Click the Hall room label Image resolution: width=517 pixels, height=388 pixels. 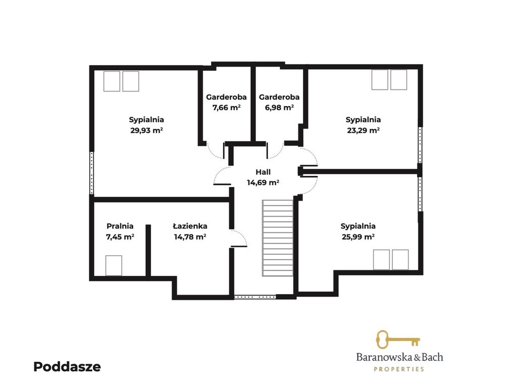click(263, 172)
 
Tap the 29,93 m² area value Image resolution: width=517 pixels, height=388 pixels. click(147, 130)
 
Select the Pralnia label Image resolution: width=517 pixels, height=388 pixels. click(120, 226)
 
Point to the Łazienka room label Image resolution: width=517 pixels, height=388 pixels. click(190, 226)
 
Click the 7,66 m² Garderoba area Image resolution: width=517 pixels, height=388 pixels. click(227, 107)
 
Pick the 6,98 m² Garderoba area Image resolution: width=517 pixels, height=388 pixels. click(279, 107)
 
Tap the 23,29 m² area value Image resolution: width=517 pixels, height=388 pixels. click(364, 130)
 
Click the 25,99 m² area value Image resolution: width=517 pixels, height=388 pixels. click(358, 236)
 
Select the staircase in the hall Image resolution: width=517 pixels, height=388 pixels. click(278, 238)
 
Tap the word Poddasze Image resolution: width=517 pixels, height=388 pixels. click(67, 367)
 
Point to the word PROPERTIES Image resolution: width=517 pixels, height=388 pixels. click(399, 369)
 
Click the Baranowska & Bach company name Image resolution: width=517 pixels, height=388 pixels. click(400, 357)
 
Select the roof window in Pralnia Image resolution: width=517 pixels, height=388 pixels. click(114, 265)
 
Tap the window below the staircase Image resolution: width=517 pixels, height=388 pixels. click(254, 297)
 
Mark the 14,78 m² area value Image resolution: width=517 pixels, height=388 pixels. click(190, 236)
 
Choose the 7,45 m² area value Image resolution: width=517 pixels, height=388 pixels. click(120, 236)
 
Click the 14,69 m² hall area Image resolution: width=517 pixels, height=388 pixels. click(263, 182)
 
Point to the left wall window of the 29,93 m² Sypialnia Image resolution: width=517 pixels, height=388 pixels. click(92, 173)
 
